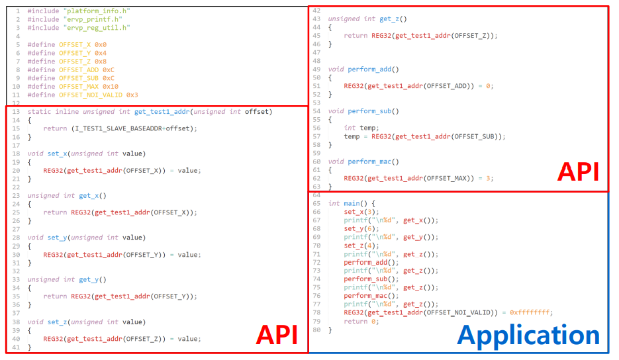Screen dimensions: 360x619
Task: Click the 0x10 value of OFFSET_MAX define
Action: pos(110,86)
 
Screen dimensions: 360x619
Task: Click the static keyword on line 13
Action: pos(39,111)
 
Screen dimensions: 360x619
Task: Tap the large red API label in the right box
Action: pos(578,173)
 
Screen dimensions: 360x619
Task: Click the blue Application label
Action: pos(528,336)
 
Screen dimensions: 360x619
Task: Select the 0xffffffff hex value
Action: pos(531,312)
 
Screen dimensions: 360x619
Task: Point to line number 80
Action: pos(316,330)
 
